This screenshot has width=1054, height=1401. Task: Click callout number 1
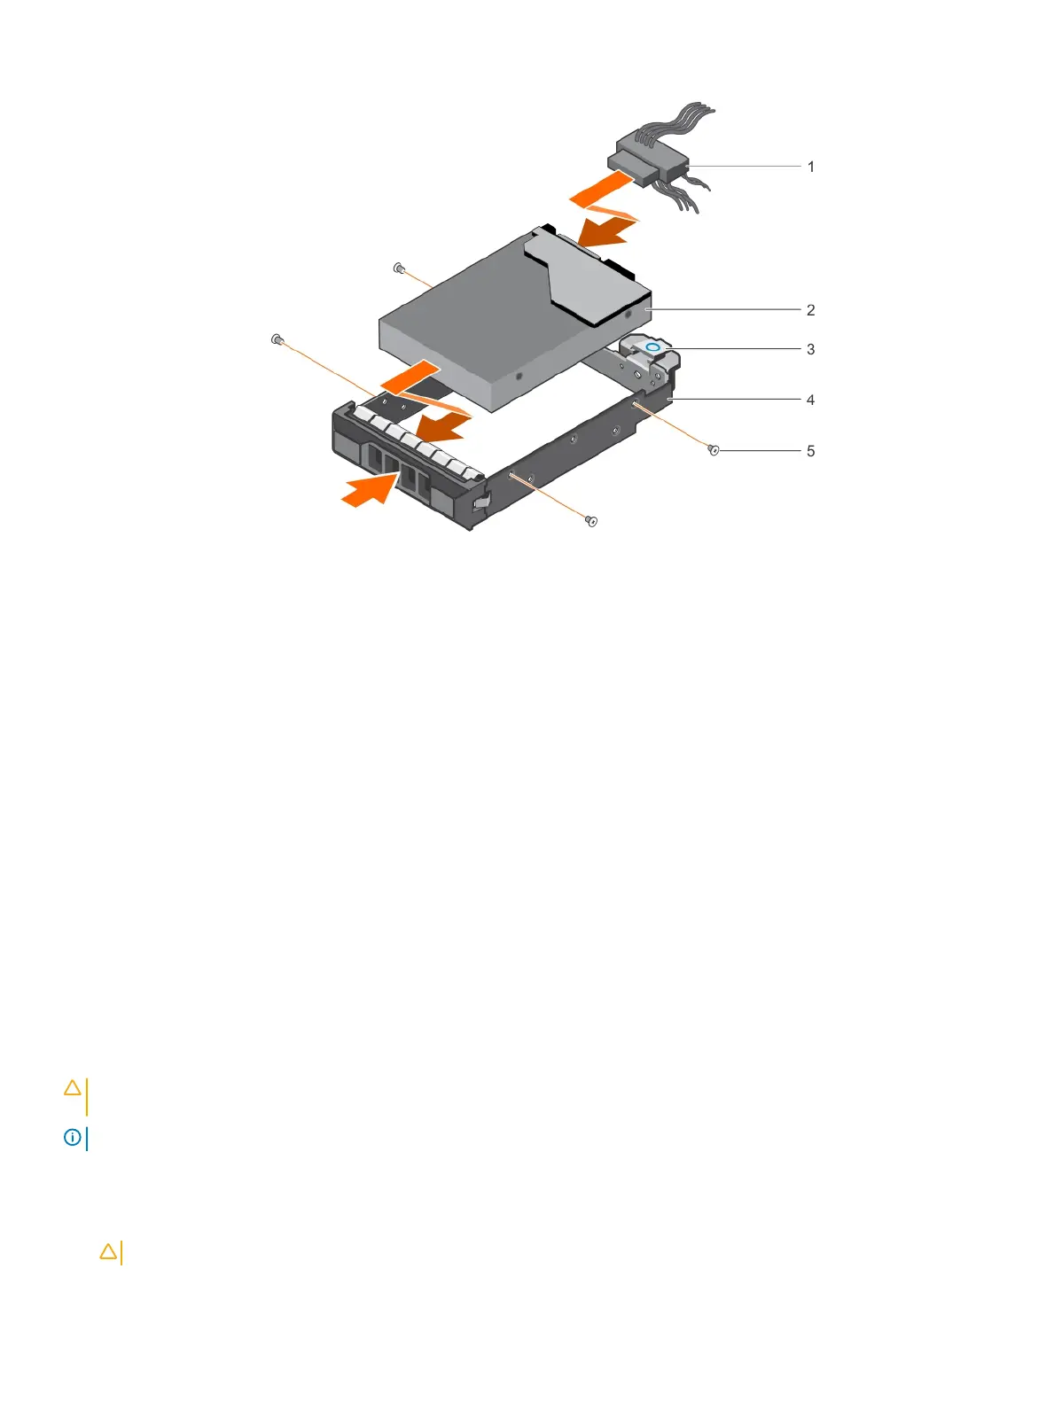[x=810, y=167]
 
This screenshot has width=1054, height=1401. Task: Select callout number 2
[x=810, y=310]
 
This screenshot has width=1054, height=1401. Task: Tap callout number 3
[x=810, y=349]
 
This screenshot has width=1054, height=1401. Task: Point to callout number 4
[x=810, y=400]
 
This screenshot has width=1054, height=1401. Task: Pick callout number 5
[x=810, y=451]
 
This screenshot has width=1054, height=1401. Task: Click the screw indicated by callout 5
[x=714, y=451]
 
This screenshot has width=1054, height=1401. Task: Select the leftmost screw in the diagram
[x=277, y=339]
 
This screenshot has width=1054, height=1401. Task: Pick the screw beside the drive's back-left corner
[x=399, y=267]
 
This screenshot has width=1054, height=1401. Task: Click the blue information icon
[x=72, y=1137]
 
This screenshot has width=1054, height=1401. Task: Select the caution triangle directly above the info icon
[x=73, y=1087]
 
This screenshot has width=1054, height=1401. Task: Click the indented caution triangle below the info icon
[x=108, y=1251]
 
